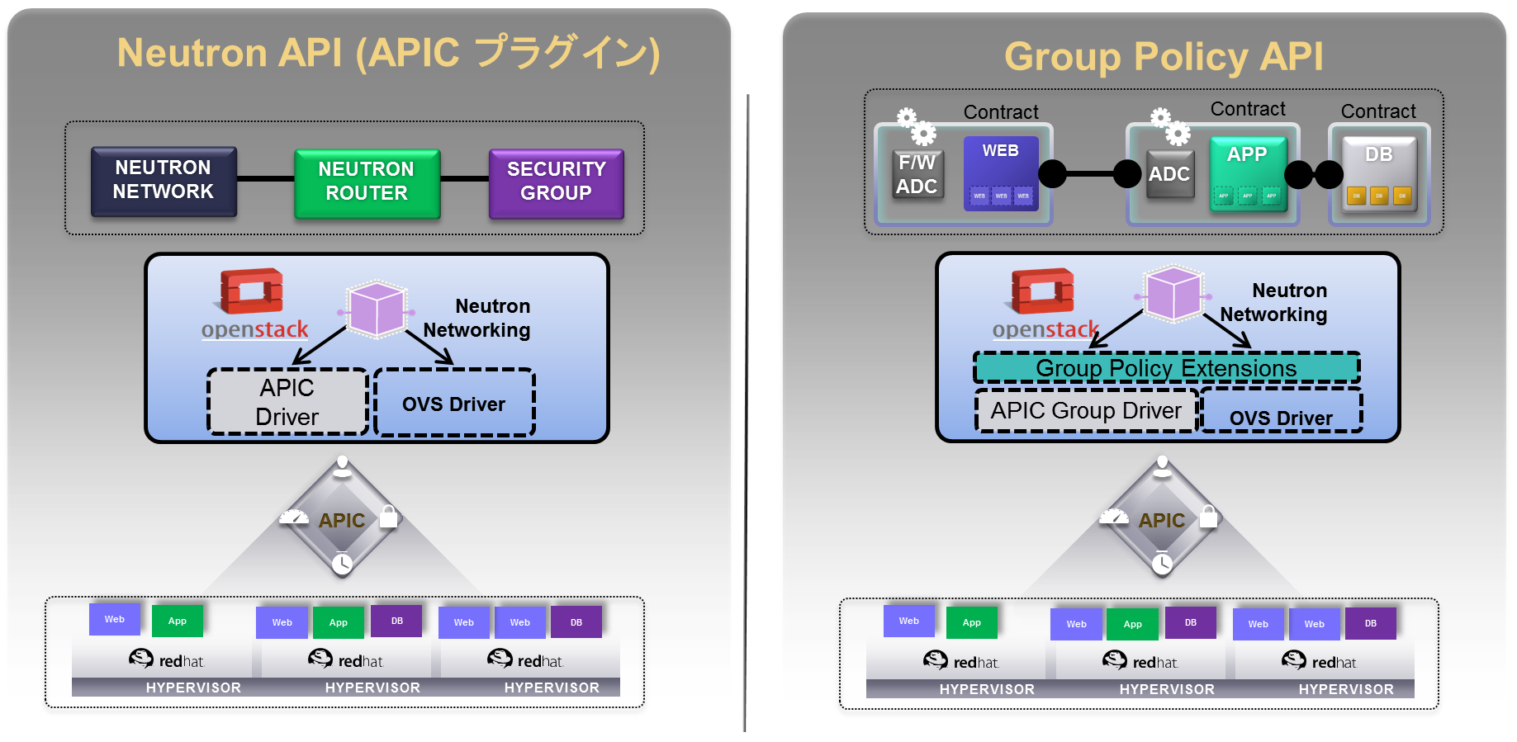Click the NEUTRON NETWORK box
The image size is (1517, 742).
164,181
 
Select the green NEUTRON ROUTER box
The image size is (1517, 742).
367,182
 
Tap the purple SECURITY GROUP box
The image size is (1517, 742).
556,182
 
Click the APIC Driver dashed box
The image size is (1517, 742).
287,402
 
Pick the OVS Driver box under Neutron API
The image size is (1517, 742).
454,403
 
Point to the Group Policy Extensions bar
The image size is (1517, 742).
1166,368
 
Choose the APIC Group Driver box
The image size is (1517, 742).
1086,411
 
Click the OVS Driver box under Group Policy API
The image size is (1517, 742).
1281,413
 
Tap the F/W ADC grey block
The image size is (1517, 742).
917,175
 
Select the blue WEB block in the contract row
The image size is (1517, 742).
1001,173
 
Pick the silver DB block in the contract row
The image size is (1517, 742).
1379,174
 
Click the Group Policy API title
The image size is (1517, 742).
1164,57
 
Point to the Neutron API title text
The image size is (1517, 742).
388,53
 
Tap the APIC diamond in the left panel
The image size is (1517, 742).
342,520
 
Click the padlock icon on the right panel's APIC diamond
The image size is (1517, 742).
1208,517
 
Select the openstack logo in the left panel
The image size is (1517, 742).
254,305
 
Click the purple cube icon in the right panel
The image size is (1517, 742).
1173,294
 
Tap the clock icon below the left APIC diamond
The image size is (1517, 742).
342,565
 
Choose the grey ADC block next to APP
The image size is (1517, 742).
1169,174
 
